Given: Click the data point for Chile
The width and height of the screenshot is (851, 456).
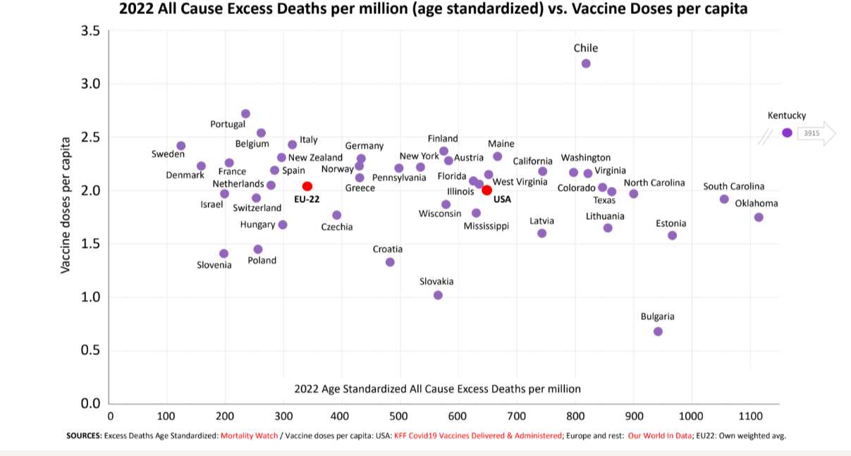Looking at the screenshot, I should coord(586,63).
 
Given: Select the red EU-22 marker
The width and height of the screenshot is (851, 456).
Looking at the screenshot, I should coord(307,186).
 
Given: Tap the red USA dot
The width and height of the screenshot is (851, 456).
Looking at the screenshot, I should coord(486,190).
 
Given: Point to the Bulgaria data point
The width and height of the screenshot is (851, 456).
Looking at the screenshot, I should coord(658,331).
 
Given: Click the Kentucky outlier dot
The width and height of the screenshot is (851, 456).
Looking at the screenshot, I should coord(787,133).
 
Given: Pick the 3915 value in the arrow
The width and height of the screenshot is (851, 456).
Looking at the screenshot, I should coord(812,133).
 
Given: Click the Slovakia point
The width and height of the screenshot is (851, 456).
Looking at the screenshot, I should coord(438,295).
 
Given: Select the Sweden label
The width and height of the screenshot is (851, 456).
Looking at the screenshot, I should coord(168,154).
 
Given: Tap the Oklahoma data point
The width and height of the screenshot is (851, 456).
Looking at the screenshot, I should coord(759,217).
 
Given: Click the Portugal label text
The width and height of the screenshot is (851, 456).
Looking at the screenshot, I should coord(228,124).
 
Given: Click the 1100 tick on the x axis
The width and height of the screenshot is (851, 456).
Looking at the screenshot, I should coord(750,416).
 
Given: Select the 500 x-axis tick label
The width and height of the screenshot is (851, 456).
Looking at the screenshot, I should coord(400,416).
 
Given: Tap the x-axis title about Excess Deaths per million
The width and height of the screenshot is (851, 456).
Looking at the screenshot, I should coord(437,388).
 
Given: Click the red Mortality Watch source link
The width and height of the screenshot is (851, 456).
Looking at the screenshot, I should coord(249,436).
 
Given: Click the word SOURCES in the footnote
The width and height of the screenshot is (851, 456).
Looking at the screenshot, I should coord(83,436).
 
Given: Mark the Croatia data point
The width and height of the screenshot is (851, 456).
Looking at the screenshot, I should coord(390,262).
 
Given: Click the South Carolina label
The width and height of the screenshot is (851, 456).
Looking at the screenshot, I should coord(733,187).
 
